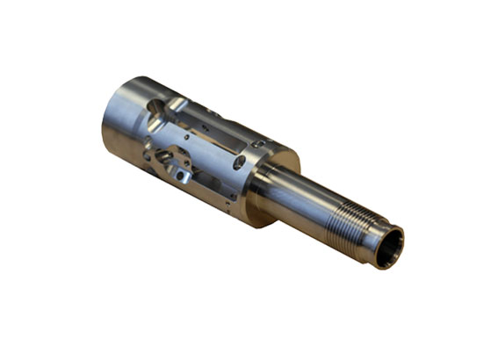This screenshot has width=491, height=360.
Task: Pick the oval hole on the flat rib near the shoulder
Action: pos(239,162)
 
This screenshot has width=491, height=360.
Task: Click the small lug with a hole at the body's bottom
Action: pos(181,175)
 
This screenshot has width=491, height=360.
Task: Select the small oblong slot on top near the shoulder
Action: pos(257,143)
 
